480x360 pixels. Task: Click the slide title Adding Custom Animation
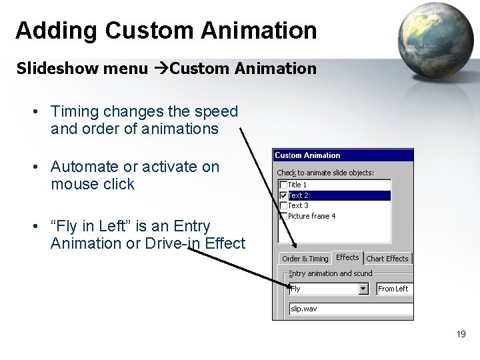click(166, 30)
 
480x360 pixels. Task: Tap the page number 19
click(461, 334)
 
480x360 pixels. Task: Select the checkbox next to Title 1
click(283, 185)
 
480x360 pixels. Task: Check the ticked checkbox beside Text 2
click(283, 195)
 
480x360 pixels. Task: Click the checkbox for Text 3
click(283, 205)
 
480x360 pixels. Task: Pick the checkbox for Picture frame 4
click(283, 216)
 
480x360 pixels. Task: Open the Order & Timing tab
click(305, 259)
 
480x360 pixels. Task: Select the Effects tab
click(347, 257)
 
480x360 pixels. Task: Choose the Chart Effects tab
click(387, 259)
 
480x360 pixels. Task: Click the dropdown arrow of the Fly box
click(363, 289)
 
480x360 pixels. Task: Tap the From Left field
click(394, 289)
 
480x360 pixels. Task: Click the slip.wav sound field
click(350, 309)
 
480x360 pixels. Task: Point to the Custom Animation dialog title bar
click(343, 155)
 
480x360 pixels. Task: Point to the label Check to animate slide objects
click(325, 173)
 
